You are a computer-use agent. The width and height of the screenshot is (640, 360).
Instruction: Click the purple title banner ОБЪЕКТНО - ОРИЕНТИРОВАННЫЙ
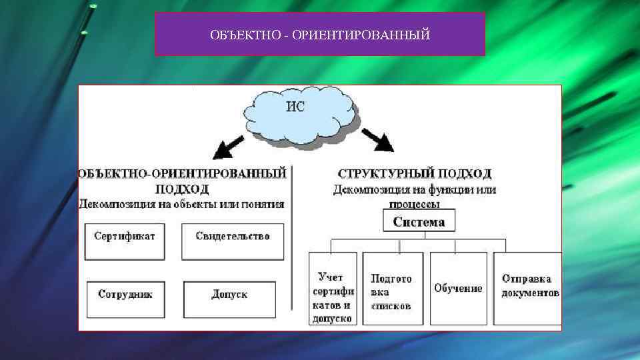[319, 33]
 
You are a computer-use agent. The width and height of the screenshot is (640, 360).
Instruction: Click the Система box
[419, 221]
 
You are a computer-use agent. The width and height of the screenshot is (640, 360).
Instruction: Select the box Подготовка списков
[393, 287]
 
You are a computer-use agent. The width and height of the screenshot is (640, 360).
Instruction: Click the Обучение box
[458, 288]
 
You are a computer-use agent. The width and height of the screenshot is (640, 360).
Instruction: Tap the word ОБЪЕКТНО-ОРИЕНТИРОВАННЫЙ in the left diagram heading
[183, 173]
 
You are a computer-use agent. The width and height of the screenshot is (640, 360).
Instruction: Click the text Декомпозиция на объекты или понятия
[181, 204]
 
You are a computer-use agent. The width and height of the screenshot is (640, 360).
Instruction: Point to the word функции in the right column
[453, 190]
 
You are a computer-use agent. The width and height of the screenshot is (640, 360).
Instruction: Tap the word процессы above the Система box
[415, 203]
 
